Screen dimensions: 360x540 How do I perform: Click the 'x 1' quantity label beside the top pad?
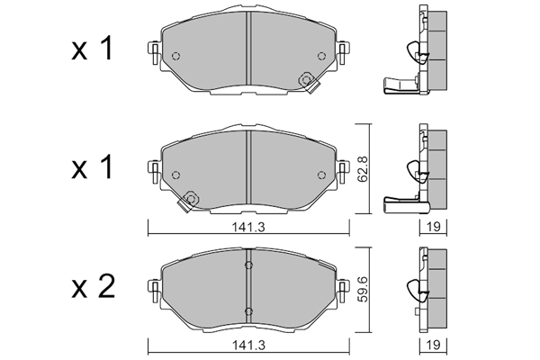[93, 51]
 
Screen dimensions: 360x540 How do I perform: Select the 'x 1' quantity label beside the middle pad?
[93, 168]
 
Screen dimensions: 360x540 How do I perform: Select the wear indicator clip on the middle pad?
[189, 201]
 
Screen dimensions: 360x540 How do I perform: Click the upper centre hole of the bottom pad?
[249, 267]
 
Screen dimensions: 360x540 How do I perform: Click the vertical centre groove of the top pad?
[248, 49]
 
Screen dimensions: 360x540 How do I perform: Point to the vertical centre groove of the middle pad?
[248, 166]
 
